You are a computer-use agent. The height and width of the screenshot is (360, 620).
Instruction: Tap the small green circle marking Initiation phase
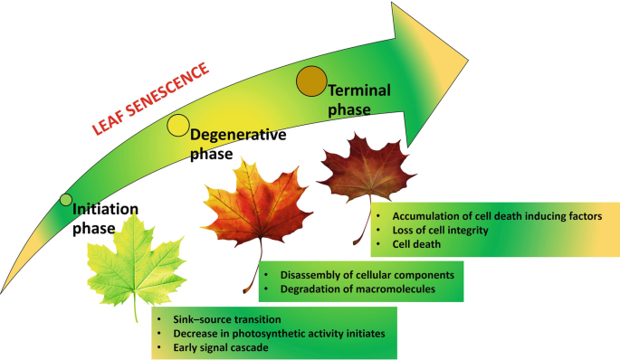coord(65,199)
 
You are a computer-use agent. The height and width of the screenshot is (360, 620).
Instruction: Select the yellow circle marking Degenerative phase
coord(178,127)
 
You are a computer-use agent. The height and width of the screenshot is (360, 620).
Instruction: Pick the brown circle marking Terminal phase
coord(311,81)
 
